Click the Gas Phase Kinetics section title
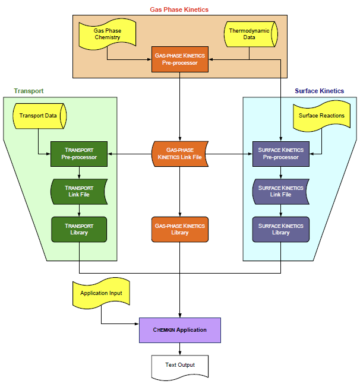pos(179,9)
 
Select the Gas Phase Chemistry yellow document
pos(107,34)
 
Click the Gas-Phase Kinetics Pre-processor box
pos(179,59)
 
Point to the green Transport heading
pos(29,91)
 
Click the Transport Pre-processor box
pos(79,154)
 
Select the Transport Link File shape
pos(79,191)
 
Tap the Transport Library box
pos(79,229)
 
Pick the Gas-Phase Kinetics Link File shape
pos(179,154)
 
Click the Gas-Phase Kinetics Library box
pos(179,229)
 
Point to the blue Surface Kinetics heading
pos(319,91)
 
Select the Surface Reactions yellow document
pos(321,115)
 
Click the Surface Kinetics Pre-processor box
pos(280,154)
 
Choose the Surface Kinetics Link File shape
pos(280,191)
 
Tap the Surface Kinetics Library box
pos(280,229)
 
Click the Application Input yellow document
pos(101,293)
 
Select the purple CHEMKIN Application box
pos(179,330)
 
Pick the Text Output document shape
pos(179,366)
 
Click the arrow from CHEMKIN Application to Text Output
pos(179,348)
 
